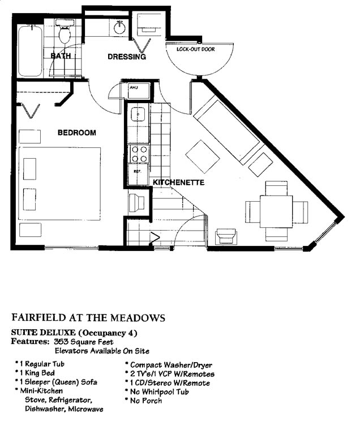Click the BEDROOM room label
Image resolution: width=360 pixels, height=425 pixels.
(x=77, y=133)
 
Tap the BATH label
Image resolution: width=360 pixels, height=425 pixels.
(x=61, y=56)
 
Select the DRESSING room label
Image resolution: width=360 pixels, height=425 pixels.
(x=127, y=57)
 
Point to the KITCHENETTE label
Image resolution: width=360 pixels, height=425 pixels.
(x=179, y=182)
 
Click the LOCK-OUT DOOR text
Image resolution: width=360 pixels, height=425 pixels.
(x=196, y=49)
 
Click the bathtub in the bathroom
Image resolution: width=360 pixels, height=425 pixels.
(x=30, y=50)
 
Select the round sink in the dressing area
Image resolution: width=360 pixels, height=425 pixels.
(x=119, y=28)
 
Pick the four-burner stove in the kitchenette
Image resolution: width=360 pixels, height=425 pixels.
(x=139, y=154)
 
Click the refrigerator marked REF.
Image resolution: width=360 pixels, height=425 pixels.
(x=138, y=175)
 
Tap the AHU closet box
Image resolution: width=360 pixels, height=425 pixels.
(x=139, y=91)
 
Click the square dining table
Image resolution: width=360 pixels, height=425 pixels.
(x=276, y=211)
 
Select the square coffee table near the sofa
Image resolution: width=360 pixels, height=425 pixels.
(x=203, y=156)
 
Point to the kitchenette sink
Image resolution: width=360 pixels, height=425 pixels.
(x=139, y=114)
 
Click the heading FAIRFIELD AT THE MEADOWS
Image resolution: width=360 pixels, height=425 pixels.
(x=88, y=317)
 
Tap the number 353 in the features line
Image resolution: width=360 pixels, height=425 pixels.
(x=61, y=342)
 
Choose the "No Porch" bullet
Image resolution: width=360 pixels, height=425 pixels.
(x=146, y=400)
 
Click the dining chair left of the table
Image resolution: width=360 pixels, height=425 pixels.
(x=252, y=212)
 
